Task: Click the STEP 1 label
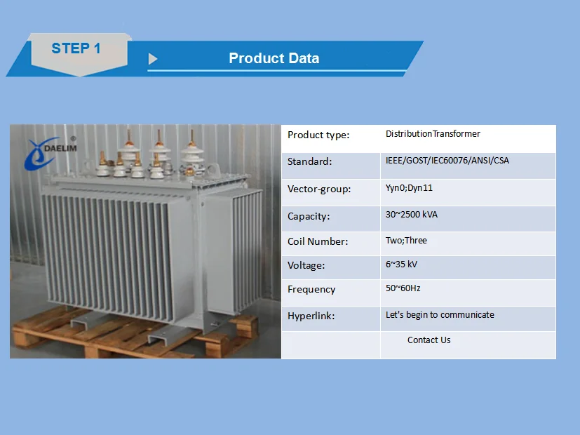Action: click(x=76, y=48)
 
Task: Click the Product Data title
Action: click(x=274, y=58)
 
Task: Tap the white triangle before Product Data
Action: click(x=153, y=59)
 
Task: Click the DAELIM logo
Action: click(x=50, y=152)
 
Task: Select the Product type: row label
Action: click(x=318, y=135)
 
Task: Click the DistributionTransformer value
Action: click(x=433, y=133)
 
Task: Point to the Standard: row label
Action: click(x=309, y=161)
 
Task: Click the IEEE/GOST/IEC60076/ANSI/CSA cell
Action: click(x=447, y=160)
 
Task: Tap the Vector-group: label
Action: click(x=319, y=189)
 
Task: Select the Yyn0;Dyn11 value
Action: click(x=409, y=188)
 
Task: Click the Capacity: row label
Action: click(x=309, y=216)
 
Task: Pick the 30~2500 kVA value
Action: click(x=411, y=215)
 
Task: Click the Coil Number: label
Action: click(x=318, y=241)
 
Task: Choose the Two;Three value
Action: click(x=406, y=241)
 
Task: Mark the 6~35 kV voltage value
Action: click(x=401, y=264)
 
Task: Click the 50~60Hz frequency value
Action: click(x=403, y=288)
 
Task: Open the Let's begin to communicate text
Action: click(x=440, y=315)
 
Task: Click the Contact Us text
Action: click(x=429, y=340)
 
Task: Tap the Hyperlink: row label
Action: click(x=311, y=316)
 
